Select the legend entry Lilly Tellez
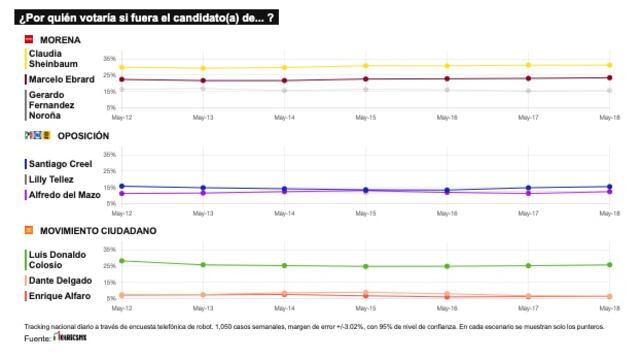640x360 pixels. tap(54, 179)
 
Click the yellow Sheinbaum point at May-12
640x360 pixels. tap(122, 67)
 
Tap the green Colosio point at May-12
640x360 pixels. tap(122, 261)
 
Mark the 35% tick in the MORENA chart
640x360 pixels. tap(110, 59)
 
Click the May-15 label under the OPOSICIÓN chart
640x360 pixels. tap(365, 213)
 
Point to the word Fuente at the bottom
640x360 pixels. tap(37, 340)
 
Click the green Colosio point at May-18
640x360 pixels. tap(610, 264)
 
